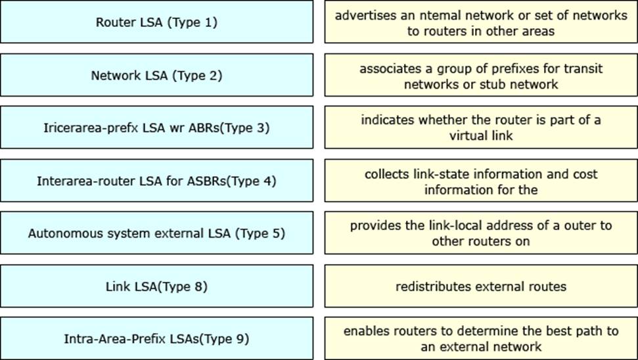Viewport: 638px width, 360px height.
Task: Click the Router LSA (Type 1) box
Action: (156, 22)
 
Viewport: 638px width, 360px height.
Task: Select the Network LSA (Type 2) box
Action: (156, 76)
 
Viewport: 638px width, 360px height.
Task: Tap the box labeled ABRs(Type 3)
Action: (156, 127)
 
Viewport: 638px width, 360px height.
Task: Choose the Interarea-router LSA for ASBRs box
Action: (156, 181)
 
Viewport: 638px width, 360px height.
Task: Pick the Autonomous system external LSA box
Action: (156, 233)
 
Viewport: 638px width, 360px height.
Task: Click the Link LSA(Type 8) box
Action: (156, 286)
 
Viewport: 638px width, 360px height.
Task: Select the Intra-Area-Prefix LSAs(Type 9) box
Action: (156, 338)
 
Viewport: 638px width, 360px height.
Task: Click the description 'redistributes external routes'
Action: (481, 286)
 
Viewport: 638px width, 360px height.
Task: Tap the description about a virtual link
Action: (481, 127)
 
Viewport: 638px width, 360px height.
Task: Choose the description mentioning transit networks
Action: (481, 76)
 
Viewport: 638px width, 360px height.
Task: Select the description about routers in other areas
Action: (481, 22)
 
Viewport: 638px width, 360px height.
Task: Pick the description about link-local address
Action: (481, 233)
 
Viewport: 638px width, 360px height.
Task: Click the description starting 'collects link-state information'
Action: (481, 181)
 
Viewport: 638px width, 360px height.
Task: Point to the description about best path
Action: (481, 338)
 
